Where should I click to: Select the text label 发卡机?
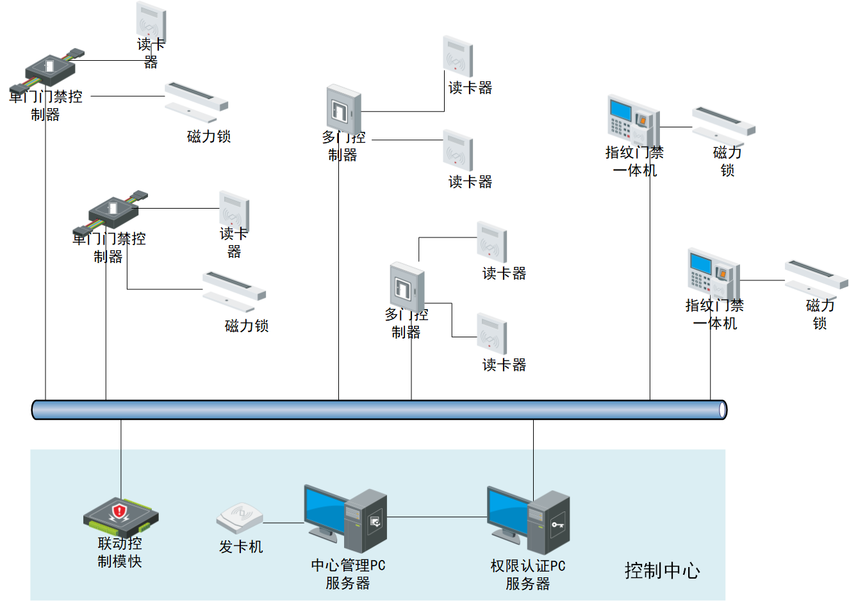[x=241, y=547]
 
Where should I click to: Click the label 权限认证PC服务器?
[x=528, y=575]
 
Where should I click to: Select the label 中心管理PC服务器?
[x=348, y=574]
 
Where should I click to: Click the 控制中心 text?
[x=662, y=570]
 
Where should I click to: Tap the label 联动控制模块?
[x=120, y=552]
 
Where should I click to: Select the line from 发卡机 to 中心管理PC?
[x=283, y=523]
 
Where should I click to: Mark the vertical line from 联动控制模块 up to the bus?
[x=120, y=458]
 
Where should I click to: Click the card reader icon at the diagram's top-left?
[x=151, y=20]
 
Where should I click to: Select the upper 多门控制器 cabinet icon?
[x=344, y=109]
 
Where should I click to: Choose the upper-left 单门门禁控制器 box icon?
[x=49, y=69]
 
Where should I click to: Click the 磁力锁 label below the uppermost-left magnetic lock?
[x=209, y=136]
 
